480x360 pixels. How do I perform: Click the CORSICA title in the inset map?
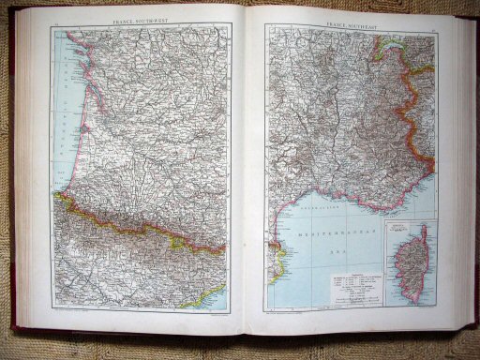[x=405, y=229]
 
